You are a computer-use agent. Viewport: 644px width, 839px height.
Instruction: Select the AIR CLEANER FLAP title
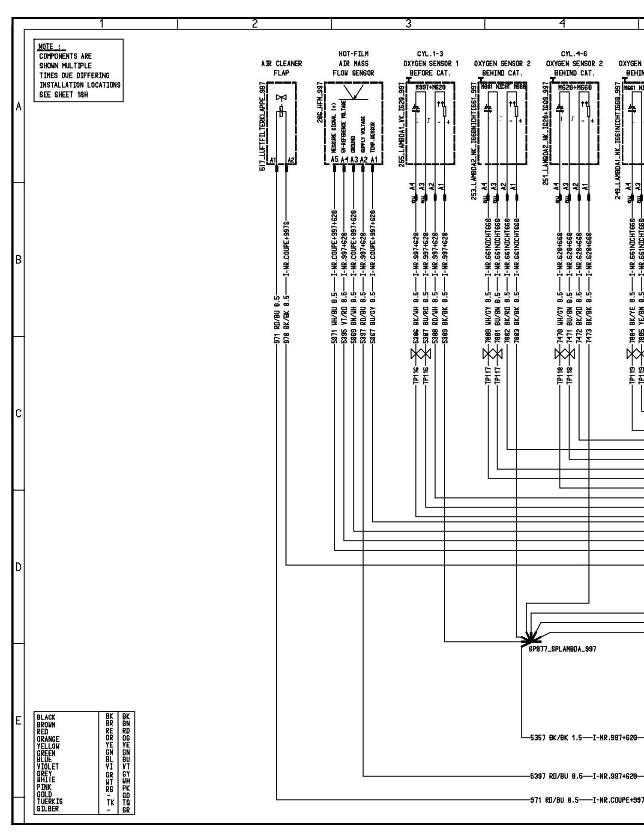pyautogui.click(x=282, y=68)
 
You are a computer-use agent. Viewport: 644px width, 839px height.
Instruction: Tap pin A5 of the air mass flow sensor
pyautogui.click(x=335, y=159)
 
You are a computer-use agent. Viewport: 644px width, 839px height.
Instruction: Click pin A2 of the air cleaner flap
pyautogui.click(x=291, y=160)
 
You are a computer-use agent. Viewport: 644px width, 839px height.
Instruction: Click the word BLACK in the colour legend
pyautogui.click(x=46, y=717)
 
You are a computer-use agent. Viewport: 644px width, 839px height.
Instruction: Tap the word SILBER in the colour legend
pyautogui.click(x=48, y=809)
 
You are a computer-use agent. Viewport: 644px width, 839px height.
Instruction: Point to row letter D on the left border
pyautogui.click(x=18, y=567)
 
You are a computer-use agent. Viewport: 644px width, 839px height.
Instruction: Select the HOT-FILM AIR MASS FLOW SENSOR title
pyautogui.click(x=353, y=63)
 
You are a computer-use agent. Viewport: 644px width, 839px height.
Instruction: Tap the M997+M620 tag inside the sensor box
pyautogui.click(x=430, y=87)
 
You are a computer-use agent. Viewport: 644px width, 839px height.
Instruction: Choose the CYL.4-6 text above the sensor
pyautogui.click(x=574, y=54)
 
